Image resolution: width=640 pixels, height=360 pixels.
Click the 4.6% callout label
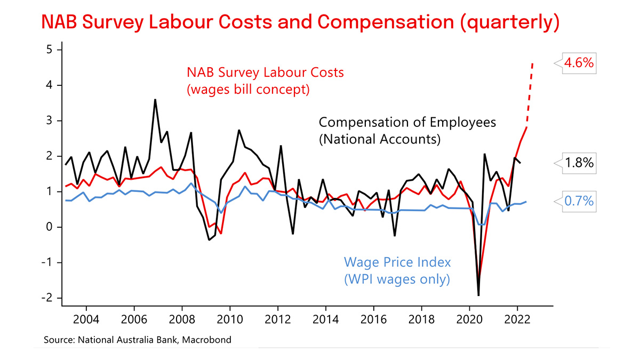[578, 63]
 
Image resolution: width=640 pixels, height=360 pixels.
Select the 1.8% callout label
[578, 163]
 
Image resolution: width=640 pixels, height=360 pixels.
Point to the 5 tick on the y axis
[51, 50]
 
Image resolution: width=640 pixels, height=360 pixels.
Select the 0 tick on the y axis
[51, 227]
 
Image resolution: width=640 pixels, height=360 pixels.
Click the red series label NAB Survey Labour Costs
[265, 72]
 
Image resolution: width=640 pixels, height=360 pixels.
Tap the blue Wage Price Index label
[397, 262]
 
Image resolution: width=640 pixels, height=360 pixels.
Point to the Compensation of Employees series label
[407, 122]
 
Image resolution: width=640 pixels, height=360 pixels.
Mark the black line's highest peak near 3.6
[155, 100]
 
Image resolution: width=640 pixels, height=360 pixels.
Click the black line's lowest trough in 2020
[478, 294]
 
